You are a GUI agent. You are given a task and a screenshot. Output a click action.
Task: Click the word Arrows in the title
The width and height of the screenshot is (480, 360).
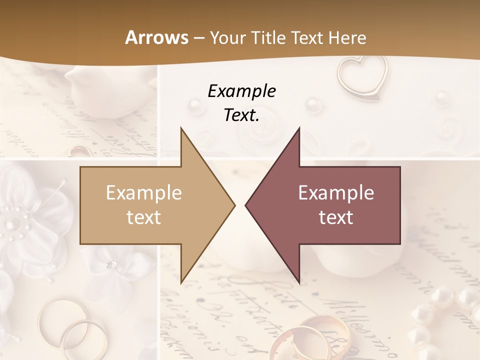coord(157,37)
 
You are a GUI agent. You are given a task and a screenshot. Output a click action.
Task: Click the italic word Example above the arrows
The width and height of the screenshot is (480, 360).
coord(241,91)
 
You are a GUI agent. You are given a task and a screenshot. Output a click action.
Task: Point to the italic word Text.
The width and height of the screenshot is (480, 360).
coord(241,115)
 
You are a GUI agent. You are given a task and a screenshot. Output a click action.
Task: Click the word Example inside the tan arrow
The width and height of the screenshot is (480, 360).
coord(144,193)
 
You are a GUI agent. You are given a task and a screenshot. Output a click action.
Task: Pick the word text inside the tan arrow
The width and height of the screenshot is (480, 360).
coord(144,217)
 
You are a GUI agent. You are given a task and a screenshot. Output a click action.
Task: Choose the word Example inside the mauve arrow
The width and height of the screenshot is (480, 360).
coord(336,193)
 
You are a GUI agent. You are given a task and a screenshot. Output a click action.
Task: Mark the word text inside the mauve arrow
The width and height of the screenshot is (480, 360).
coord(336,217)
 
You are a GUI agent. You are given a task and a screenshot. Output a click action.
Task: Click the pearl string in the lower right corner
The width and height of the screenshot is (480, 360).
coord(440,320)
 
